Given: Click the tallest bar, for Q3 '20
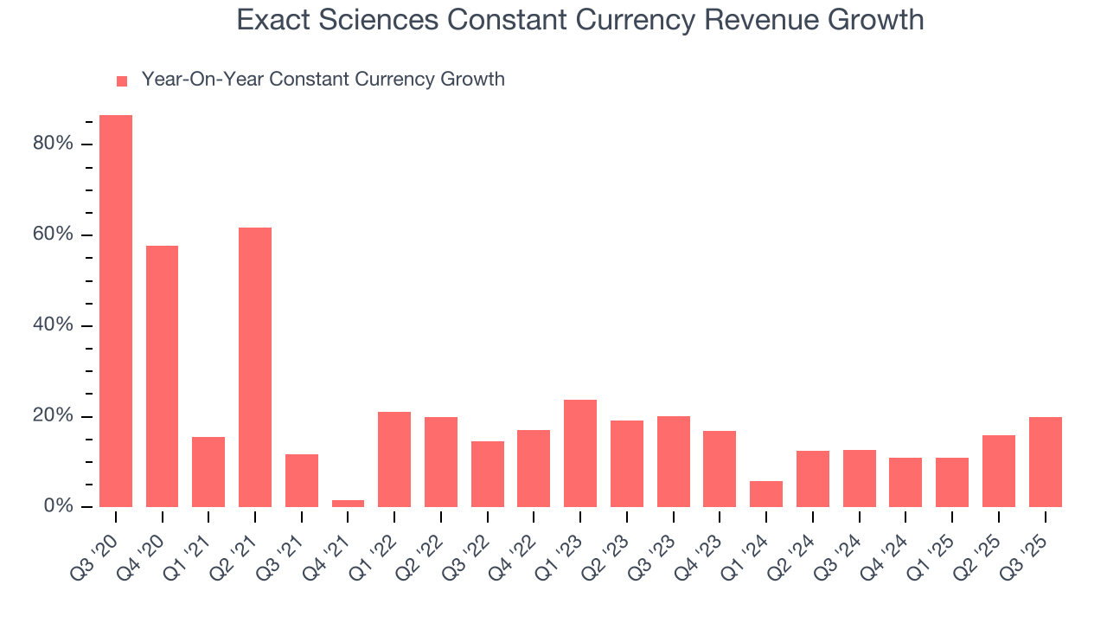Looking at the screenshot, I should click(x=116, y=311).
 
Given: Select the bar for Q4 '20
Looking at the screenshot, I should click(x=163, y=376).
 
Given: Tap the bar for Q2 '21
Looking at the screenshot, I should click(x=255, y=368).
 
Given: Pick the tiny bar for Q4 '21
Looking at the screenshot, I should click(x=348, y=504).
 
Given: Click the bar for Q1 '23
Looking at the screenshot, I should click(x=580, y=453).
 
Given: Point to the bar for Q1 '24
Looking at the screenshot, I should click(x=766, y=494).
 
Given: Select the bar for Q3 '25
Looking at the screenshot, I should click(x=1045, y=462).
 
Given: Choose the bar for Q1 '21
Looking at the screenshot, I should click(x=208, y=472).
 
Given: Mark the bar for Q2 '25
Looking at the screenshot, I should click(x=999, y=472).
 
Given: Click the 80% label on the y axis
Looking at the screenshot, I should click(x=53, y=144).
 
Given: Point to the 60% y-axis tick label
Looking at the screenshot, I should click(x=53, y=235).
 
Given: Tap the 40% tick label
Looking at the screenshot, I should click(x=53, y=325).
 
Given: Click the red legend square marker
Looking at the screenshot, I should click(x=122, y=80).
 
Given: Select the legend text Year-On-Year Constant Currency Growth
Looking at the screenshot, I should click(x=323, y=80).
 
